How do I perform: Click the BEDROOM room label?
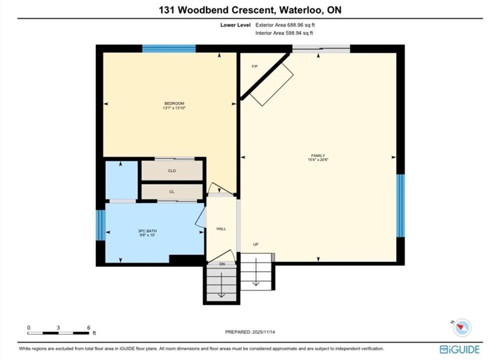click(174, 103)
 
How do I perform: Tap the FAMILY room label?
click(318, 155)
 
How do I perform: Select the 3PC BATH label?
click(147, 231)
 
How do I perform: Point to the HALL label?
click(221, 228)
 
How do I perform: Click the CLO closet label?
click(172, 170)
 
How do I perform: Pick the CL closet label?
click(172, 191)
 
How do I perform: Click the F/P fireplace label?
click(254, 66)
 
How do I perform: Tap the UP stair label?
click(255, 244)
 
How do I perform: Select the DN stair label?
click(222, 264)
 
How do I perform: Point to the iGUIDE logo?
click(459, 349)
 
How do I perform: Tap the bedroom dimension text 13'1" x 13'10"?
click(174, 108)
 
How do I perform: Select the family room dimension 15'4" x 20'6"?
click(318, 160)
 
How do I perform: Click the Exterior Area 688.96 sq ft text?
click(285, 25)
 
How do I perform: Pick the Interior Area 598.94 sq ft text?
click(284, 33)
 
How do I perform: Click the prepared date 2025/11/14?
click(263, 332)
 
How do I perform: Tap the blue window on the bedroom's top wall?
click(168, 48)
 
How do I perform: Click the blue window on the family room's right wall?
click(400, 205)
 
